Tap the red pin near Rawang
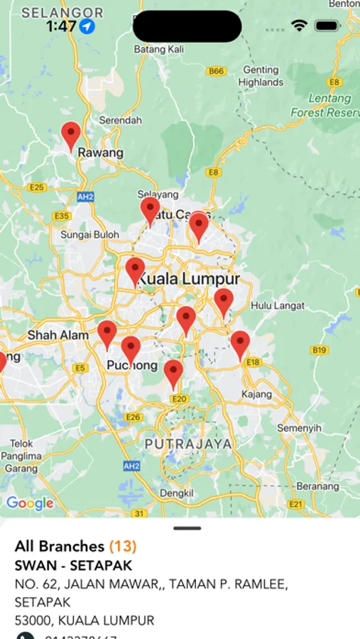click(x=71, y=134)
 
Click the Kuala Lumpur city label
click(x=188, y=279)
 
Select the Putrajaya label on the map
click(x=188, y=444)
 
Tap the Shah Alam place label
click(x=58, y=335)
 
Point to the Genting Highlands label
click(x=261, y=76)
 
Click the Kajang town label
click(x=256, y=394)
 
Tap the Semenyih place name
click(x=299, y=428)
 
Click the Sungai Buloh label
click(x=89, y=234)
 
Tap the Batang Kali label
click(x=159, y=50)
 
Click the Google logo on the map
click(x=30, y=503)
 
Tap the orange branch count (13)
click(x=123, y=546)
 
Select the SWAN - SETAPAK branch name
click(x=73, y=566)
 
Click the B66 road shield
click(x=216, y=71)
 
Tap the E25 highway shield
click(x=37, y=187)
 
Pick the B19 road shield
click(x=320, y=350)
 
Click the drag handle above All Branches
click(x=187, y=528)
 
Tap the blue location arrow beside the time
click(x=87, y=26)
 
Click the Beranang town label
click(x=317, y=486)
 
